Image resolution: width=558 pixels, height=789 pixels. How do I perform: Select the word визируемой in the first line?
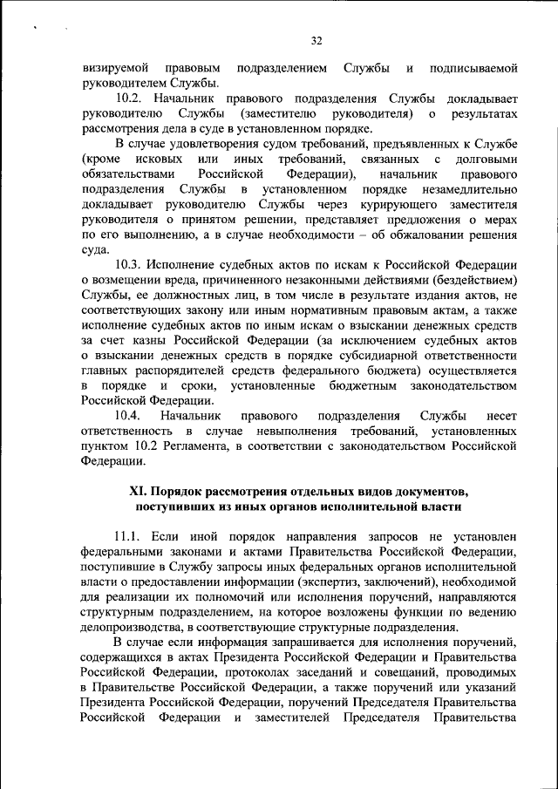[x=114, y=68]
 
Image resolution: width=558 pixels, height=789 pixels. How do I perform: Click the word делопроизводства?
[x=133, y=628]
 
